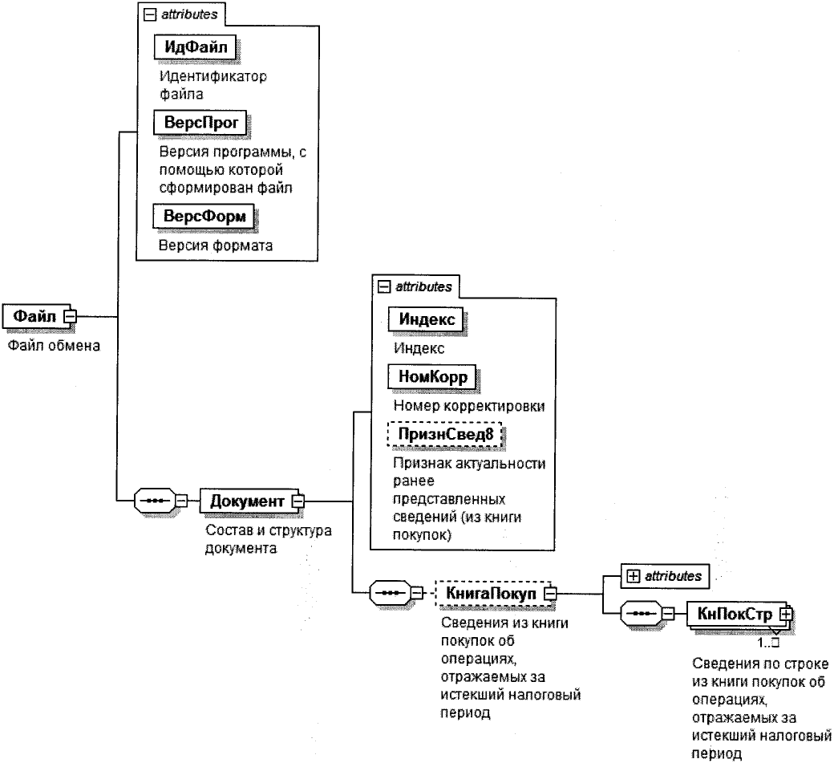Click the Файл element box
pyautogui.click(x=35, y=316)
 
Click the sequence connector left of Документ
pyautogui.click(x=153, y=501)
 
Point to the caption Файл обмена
pyautogui.click(x=53, y=347)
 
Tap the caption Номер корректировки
pyautogui.click(x=469, y=405)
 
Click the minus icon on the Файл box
pyautogui.click(x=70, y=316)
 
